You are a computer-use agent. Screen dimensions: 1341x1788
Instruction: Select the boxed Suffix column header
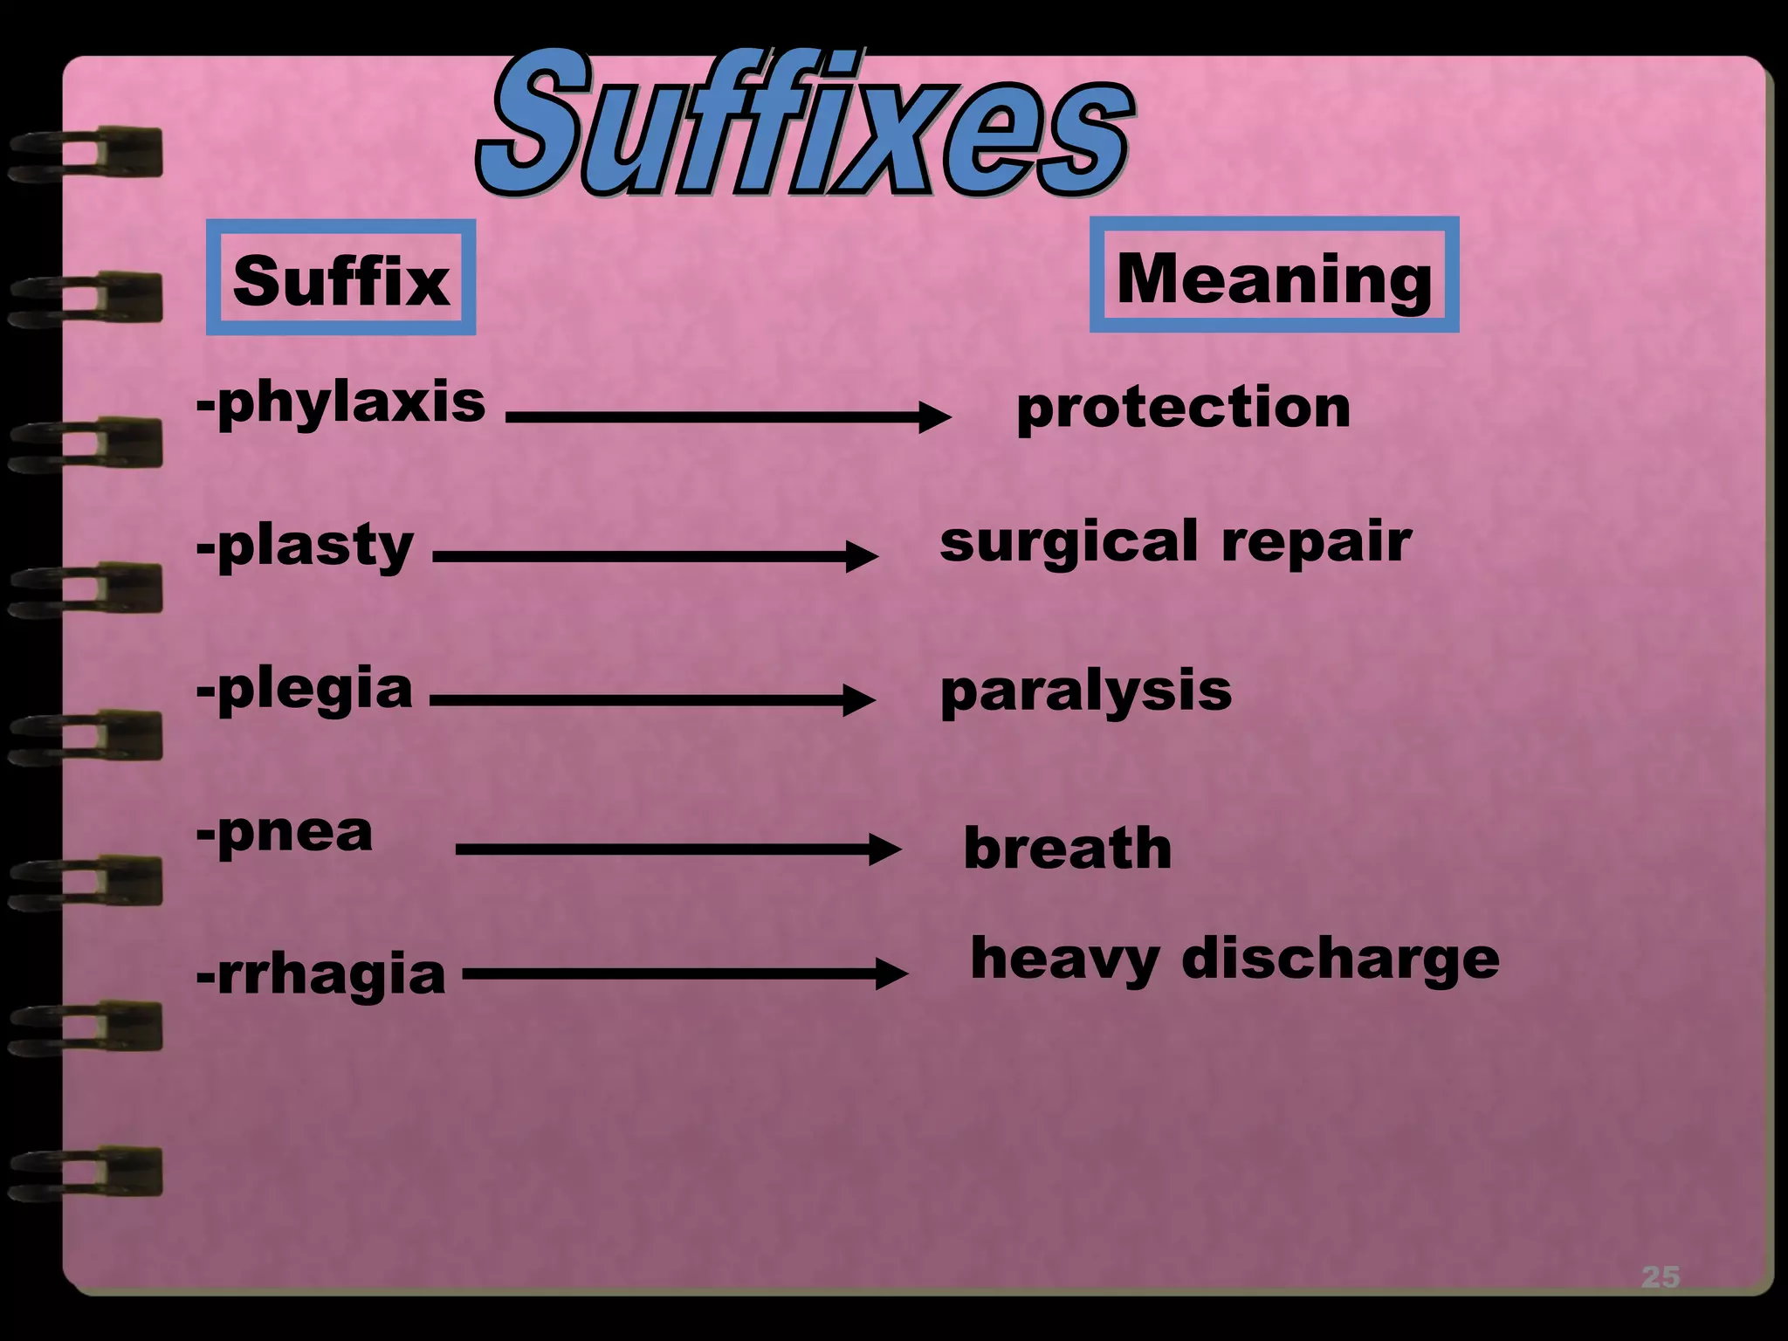(x=341, y=279)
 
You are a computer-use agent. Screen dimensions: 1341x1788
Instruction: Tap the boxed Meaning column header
(x=1274, y=276)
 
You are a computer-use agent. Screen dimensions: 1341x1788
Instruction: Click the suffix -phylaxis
(x=340, y=403)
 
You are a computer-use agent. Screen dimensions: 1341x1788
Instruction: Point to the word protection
(x=1183, y=408)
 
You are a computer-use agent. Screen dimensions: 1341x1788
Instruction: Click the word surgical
(x=1069, y=542)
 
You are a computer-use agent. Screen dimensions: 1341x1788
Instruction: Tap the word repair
(x=1316, y=543)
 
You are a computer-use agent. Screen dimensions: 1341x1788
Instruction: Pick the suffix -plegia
(x=304, y=690)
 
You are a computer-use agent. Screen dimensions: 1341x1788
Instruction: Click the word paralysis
(x=1085, y=691)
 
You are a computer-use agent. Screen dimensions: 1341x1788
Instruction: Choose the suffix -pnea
(x=285, y=833)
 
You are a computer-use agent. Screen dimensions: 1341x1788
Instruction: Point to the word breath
(x=1067, y=849)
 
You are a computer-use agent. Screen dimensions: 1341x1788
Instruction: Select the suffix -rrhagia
(x=320, y=975)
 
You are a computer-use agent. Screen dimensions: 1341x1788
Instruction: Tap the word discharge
(x=1340, y=959)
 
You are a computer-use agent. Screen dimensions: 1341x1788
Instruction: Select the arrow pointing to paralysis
(x=652, y=699)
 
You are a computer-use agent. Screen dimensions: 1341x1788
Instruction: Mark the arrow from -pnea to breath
(x=677, y=849)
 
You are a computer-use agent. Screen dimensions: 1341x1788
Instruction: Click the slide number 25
(x=1660, y=1277)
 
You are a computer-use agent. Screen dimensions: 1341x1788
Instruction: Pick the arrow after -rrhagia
(x=684, y=973)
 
